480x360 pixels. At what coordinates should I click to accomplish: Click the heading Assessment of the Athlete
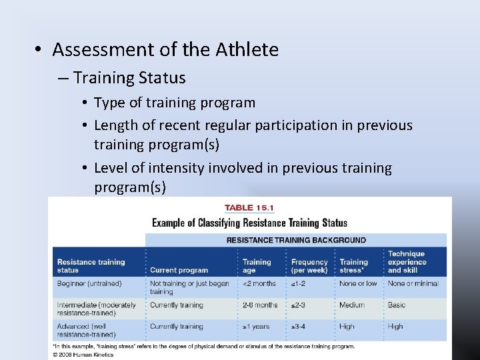[x=165, y=49]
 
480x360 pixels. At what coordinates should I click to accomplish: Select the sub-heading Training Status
[x=129, y=78]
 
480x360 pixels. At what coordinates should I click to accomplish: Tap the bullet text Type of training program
[x=175, y=103]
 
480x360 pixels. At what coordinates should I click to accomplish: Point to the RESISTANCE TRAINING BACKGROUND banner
[x=296, y=240]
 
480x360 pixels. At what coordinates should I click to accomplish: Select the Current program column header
[x=179, y=270]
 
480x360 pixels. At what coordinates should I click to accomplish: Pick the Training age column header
[x=257, y=266]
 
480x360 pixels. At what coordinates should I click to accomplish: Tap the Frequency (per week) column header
[x=309, y=266]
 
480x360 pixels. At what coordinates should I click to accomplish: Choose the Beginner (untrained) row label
[x=89, y=283]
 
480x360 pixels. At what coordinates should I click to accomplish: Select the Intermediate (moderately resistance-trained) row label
[x=97, y=309]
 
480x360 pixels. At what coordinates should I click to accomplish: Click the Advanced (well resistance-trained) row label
[x=87, y=330]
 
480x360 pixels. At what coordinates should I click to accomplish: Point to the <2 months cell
[x=259, y=283]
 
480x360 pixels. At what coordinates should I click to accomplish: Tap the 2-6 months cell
[x=260, y=305]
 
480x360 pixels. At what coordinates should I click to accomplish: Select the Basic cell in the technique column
[x=397, y=305]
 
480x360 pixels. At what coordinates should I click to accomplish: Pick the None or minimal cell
[x=413, y=283]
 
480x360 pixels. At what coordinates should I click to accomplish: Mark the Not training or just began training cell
[x=189, y=287]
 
